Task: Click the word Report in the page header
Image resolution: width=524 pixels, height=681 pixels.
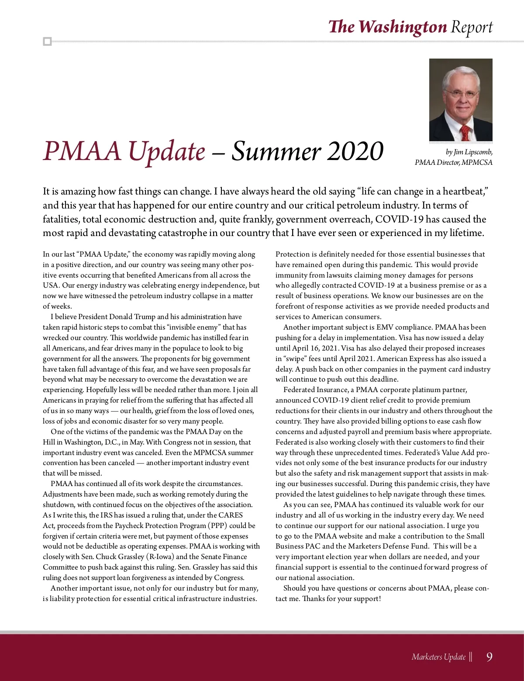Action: [x=472, y=28]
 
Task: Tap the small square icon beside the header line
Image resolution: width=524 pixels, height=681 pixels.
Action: [x=48, y=42]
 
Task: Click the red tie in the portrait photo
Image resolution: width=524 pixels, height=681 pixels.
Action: [x=465, y=132]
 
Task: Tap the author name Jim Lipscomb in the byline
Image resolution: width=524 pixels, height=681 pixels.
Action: [x=473, y=152]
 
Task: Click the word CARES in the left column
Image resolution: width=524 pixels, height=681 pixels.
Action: [x=231, y=515]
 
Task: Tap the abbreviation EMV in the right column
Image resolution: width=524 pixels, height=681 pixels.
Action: [x=385, y=327]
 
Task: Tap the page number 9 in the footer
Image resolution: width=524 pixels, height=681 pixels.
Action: [x=489, y=657]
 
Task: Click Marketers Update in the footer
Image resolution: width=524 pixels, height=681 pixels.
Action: [x=438, y=657]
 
